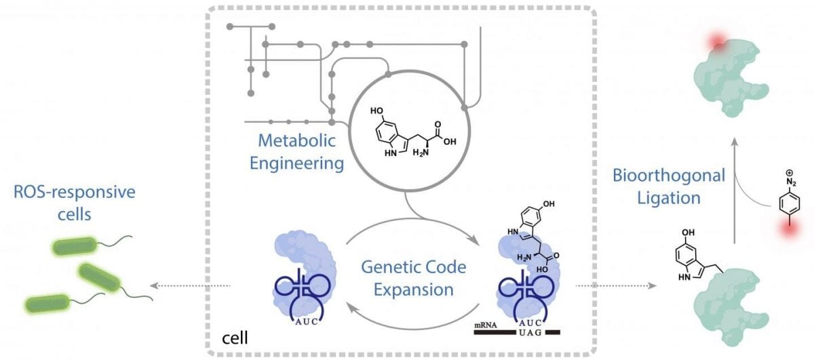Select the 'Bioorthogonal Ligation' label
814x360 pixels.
tap(670, 186)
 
